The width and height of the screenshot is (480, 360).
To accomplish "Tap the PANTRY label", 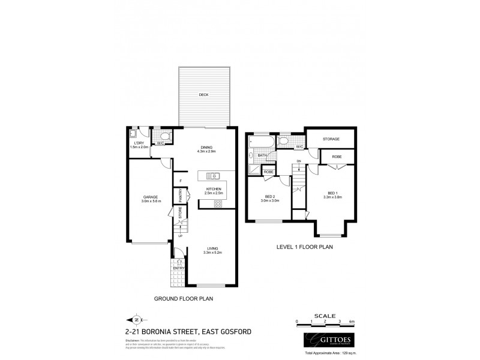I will (178, 196).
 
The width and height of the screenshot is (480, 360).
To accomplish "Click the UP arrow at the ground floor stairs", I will (179, 235).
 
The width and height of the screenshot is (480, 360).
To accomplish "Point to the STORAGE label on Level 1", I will (331, 139).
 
